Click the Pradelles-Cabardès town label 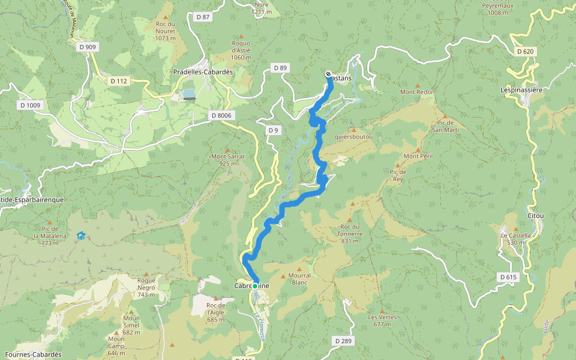[203, 72]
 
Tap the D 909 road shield [88, 47]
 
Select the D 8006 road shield [221, 115]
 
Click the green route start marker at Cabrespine [255, 286]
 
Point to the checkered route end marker [328, 74]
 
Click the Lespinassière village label [521, 90]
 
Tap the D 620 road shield [526, 52]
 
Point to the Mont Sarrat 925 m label [227, 160]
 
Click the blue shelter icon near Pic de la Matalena [81, 235]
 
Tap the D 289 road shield [342, 341]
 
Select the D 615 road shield [508, 277]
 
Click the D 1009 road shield [30, 106]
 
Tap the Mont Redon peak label [417, 92]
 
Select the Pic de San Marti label [445, 126]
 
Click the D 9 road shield [273, 130]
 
